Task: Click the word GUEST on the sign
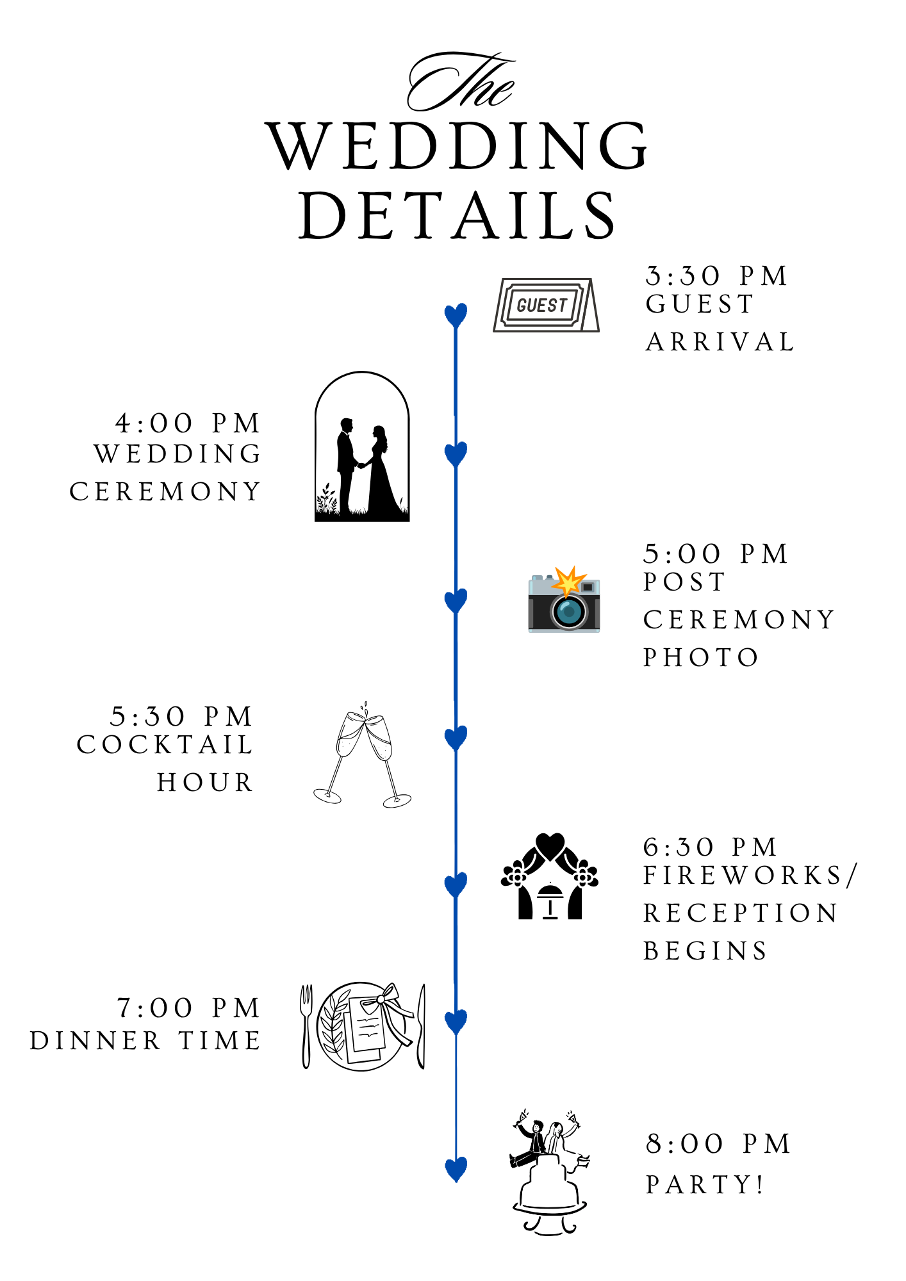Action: (x=542, y=306)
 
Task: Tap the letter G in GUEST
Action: (x=522, y=306)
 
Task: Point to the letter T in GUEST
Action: (x=563, y=305)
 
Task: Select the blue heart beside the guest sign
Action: (x=456, y=316)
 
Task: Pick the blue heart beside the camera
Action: (x=456, y=601)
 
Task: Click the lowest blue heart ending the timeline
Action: (x=456, y=1169)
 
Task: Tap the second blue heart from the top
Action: (x=456, y=454)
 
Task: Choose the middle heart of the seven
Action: (x=456, y=738)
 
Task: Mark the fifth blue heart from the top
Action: (x=456, y=885)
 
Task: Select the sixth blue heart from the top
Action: (x=456, y=1022)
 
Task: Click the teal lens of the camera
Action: (x=568, y=612)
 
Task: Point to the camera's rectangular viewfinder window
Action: (x=588, y=587)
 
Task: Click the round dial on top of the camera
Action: (x=548, y=577)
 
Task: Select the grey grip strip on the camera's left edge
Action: (x=531, y=614)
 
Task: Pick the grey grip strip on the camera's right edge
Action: (x=597, y=614)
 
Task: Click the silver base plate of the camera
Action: (x=564, y=630)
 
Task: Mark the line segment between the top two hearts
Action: (x=456, y=384)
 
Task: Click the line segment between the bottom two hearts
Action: (x=456, y=1095)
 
